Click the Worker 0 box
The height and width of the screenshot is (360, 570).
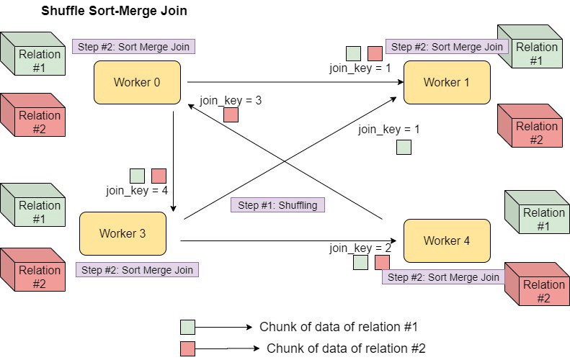coord(137,82)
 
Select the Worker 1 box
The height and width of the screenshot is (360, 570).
coord(447,82)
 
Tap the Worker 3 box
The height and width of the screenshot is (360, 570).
coord(123,233)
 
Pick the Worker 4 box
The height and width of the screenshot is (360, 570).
coord(447,240)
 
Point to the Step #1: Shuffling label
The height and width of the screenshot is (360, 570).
coord(277,205)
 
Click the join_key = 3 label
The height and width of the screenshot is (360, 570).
coord(231,100)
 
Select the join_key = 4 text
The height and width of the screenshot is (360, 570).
coord(137,191)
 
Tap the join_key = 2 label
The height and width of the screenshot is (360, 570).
coord(360,248)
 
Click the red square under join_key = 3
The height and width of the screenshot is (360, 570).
coord(231,115)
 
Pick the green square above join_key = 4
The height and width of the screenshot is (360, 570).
coord(137,176)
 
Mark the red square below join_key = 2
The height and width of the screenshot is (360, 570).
coord(382,262)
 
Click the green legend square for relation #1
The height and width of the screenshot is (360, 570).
coord(187,327)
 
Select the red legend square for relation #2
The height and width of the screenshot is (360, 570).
coord(187,348)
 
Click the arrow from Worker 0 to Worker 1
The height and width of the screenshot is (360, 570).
coord(288,82)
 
